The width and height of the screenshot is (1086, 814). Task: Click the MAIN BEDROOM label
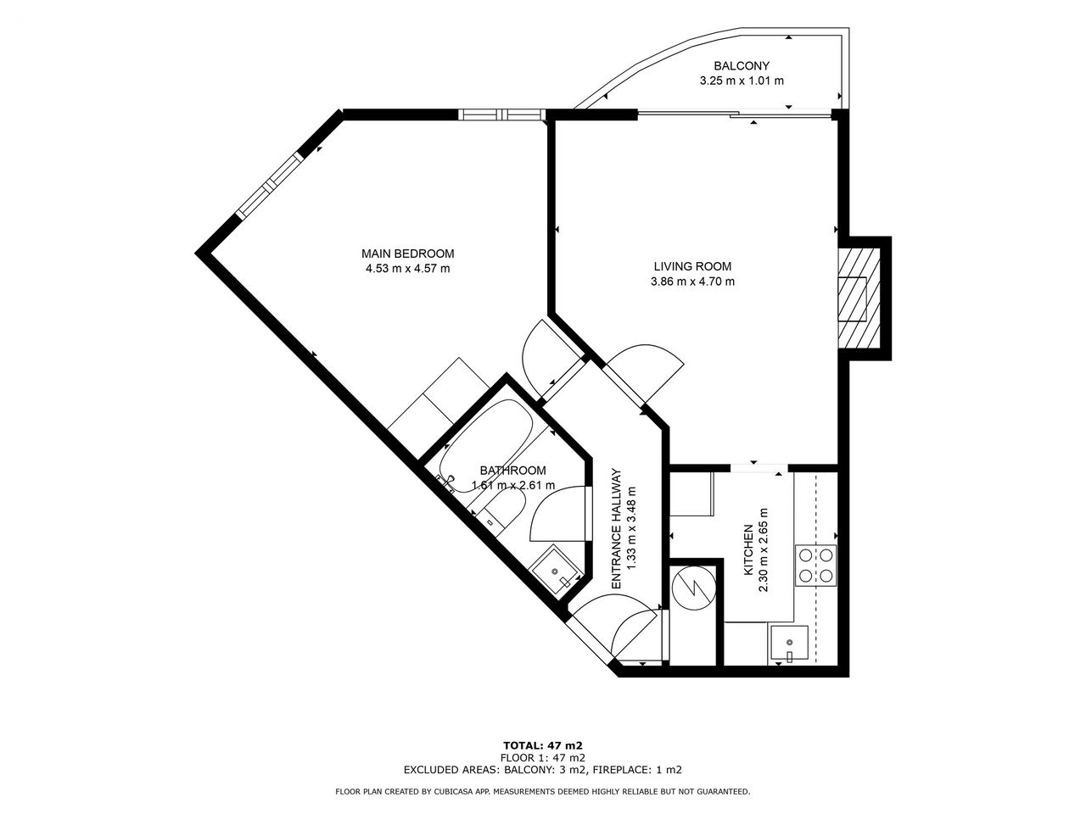[408, 254]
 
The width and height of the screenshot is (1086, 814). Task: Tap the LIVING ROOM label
[692, 266]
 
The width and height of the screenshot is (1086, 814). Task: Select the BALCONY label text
[742, 66]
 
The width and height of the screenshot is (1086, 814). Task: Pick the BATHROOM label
[513, 471]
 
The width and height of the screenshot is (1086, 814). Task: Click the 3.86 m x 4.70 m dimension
[692, 282]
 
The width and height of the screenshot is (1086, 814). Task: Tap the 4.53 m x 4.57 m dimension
[408, 269]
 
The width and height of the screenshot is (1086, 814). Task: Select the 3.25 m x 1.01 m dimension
[742, 81]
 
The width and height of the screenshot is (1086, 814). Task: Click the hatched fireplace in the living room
[859, 298]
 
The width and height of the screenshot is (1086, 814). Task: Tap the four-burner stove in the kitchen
[815, 566]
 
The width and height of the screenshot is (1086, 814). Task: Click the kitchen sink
[788, 644]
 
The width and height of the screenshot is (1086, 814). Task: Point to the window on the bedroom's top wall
[502, 114]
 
